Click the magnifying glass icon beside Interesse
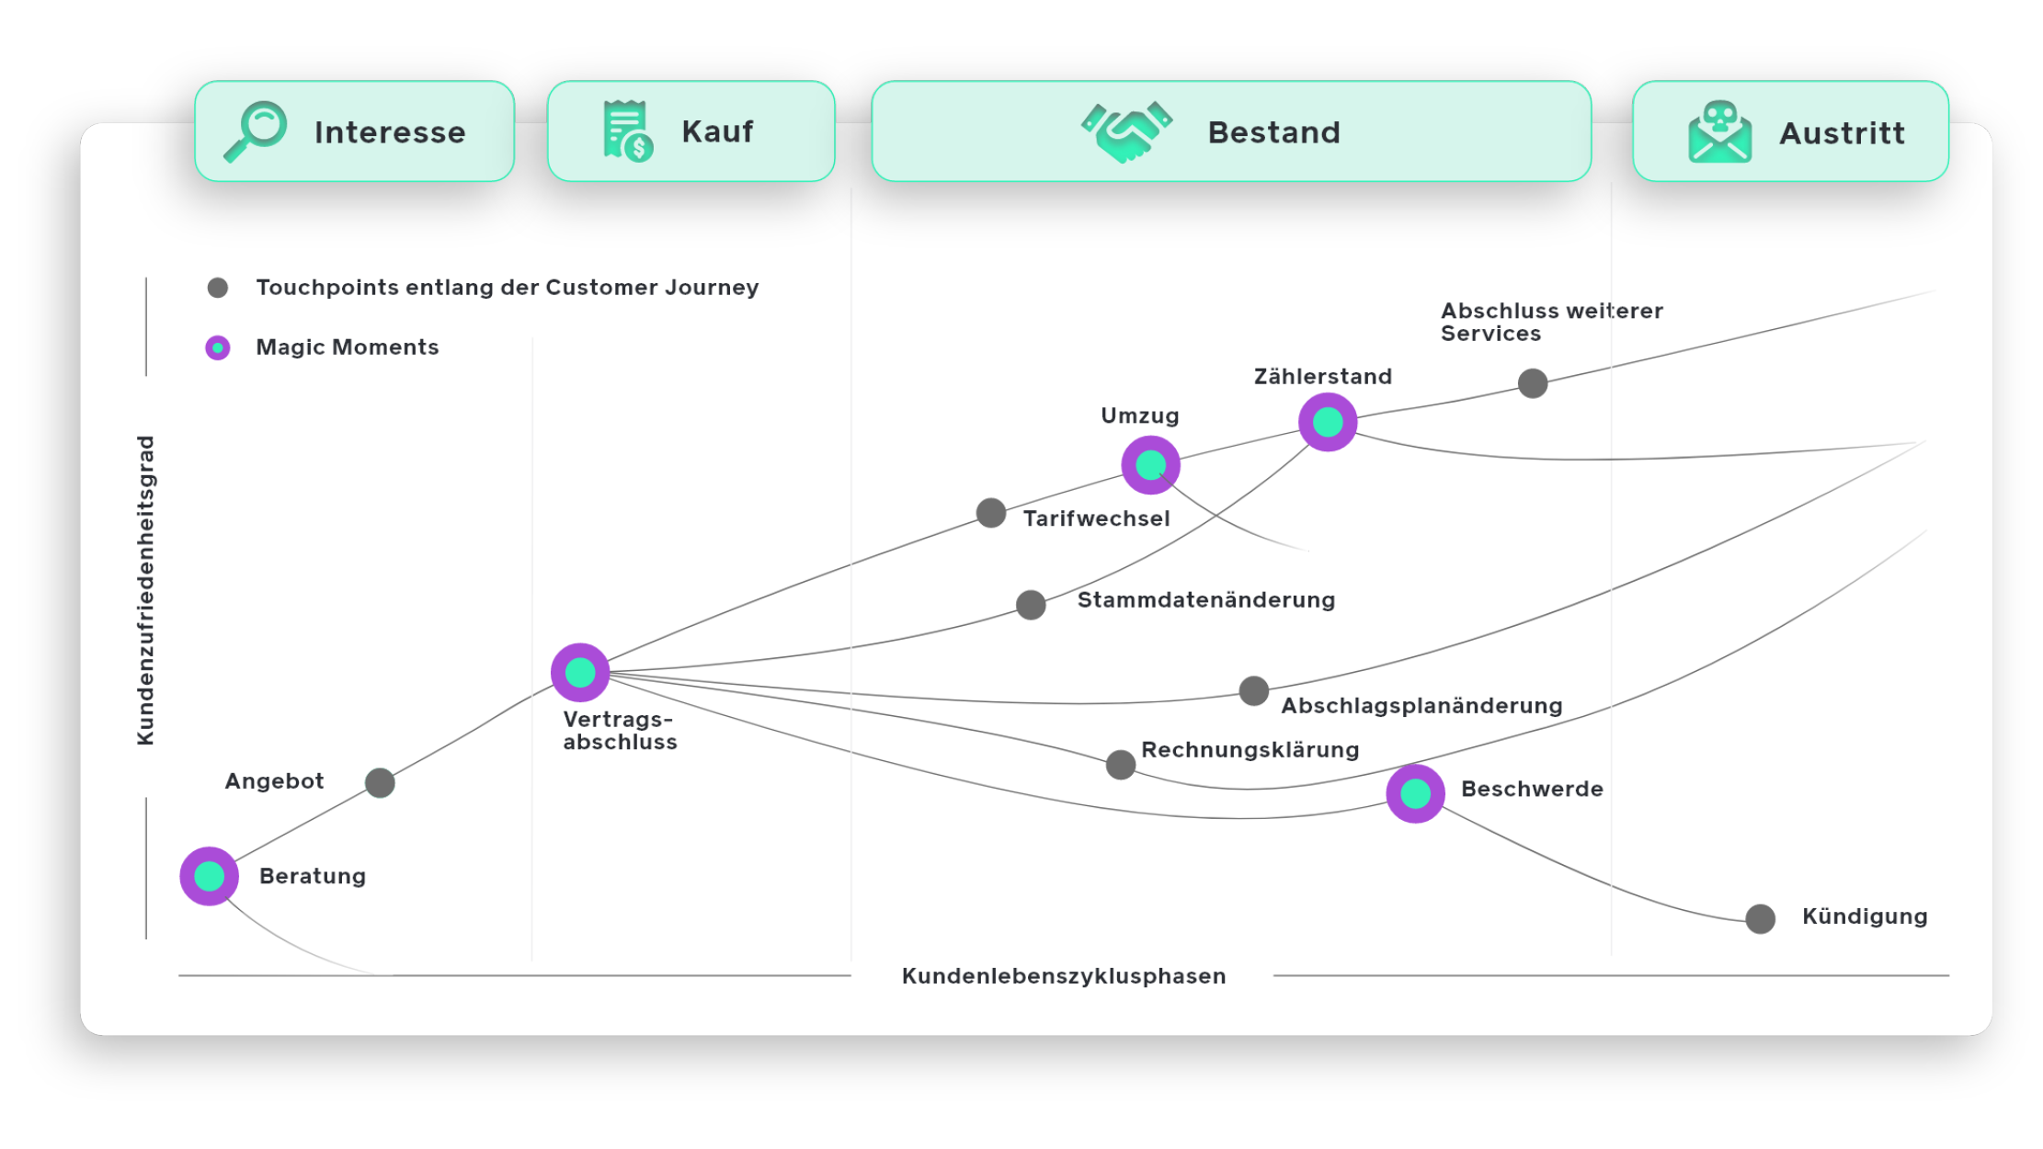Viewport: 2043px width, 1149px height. [256, 131]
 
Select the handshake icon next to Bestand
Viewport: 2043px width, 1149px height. [1126, 131]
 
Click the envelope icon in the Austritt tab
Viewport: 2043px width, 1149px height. [1719, 131]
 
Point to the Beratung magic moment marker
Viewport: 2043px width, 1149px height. [210, 876]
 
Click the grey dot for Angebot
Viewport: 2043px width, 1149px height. [380, 783]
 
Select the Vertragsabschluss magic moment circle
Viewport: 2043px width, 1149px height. [580, 672]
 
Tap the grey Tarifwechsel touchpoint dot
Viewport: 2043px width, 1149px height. [991, 513]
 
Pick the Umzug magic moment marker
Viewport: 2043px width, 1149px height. [1150, 465]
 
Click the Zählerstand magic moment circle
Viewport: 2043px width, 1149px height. [1328, 422]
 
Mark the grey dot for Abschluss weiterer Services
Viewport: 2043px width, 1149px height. [1533, 383]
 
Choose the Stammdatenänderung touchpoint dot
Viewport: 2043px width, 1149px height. [1031, 605]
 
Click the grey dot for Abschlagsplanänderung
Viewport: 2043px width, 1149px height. [1254, 690]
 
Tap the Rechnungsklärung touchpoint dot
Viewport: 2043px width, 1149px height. [1121, 764]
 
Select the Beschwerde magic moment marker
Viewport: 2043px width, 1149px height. [1415, 793]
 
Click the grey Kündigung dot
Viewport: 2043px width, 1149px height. [1761, 918]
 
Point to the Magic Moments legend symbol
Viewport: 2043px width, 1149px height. [218, 347]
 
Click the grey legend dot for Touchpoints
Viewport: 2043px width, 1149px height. [218, 288]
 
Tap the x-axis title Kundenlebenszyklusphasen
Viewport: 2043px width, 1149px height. [1064, 976]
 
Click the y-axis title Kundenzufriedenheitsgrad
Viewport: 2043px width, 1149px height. [145, 590]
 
